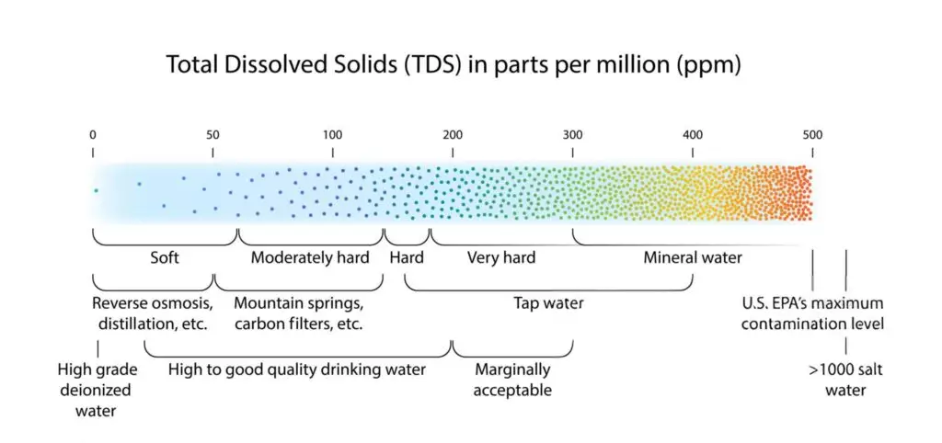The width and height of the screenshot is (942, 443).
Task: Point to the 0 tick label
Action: [93, 135]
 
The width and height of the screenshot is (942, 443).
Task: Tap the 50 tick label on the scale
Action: [213, 135]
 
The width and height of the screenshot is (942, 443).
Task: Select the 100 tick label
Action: [332, 135]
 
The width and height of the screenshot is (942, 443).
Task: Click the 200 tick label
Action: [453, 135]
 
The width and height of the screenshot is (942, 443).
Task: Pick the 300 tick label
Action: [572, 135]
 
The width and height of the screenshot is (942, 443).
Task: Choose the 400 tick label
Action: [693, 135]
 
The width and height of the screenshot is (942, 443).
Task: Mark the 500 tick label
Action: [812, 135]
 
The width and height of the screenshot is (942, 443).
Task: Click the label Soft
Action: [165, 258]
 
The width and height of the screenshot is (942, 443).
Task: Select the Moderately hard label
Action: [310, 258]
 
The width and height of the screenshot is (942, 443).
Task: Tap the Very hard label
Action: [501, 258]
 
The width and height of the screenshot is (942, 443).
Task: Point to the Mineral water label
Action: [692, 258]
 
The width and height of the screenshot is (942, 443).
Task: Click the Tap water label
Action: [548, 303]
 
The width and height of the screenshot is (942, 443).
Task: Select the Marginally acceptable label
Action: [512, 381]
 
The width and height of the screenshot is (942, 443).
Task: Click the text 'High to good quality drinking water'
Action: [297, 370]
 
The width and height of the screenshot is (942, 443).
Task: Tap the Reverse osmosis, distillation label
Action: [153, 313]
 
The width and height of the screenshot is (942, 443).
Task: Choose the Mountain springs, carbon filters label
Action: [299, 313]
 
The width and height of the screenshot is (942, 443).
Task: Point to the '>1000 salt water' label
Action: [837, 381]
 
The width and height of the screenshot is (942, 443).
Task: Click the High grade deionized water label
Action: [96, 391]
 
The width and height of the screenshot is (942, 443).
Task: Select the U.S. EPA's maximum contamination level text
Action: [812, 313]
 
